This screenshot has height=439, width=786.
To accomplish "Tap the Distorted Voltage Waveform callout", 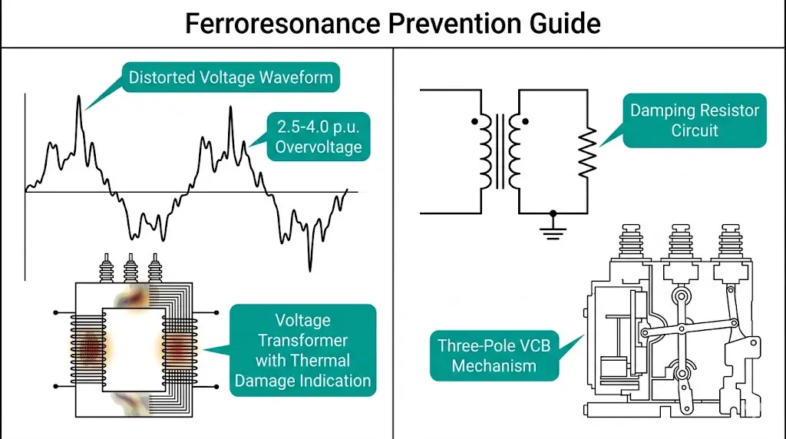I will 230,78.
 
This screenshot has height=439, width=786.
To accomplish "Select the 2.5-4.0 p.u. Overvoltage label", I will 319,137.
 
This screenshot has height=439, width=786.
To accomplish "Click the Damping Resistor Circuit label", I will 694,120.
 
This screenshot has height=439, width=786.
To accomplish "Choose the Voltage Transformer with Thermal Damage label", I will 302,350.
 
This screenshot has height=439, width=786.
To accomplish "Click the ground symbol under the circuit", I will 553,227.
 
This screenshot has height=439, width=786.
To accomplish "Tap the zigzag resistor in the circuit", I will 586,153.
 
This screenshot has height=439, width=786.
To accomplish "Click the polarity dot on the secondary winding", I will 524,121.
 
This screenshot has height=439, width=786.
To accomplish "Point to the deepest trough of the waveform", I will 310,266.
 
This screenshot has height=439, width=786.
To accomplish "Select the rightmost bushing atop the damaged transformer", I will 156,269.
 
